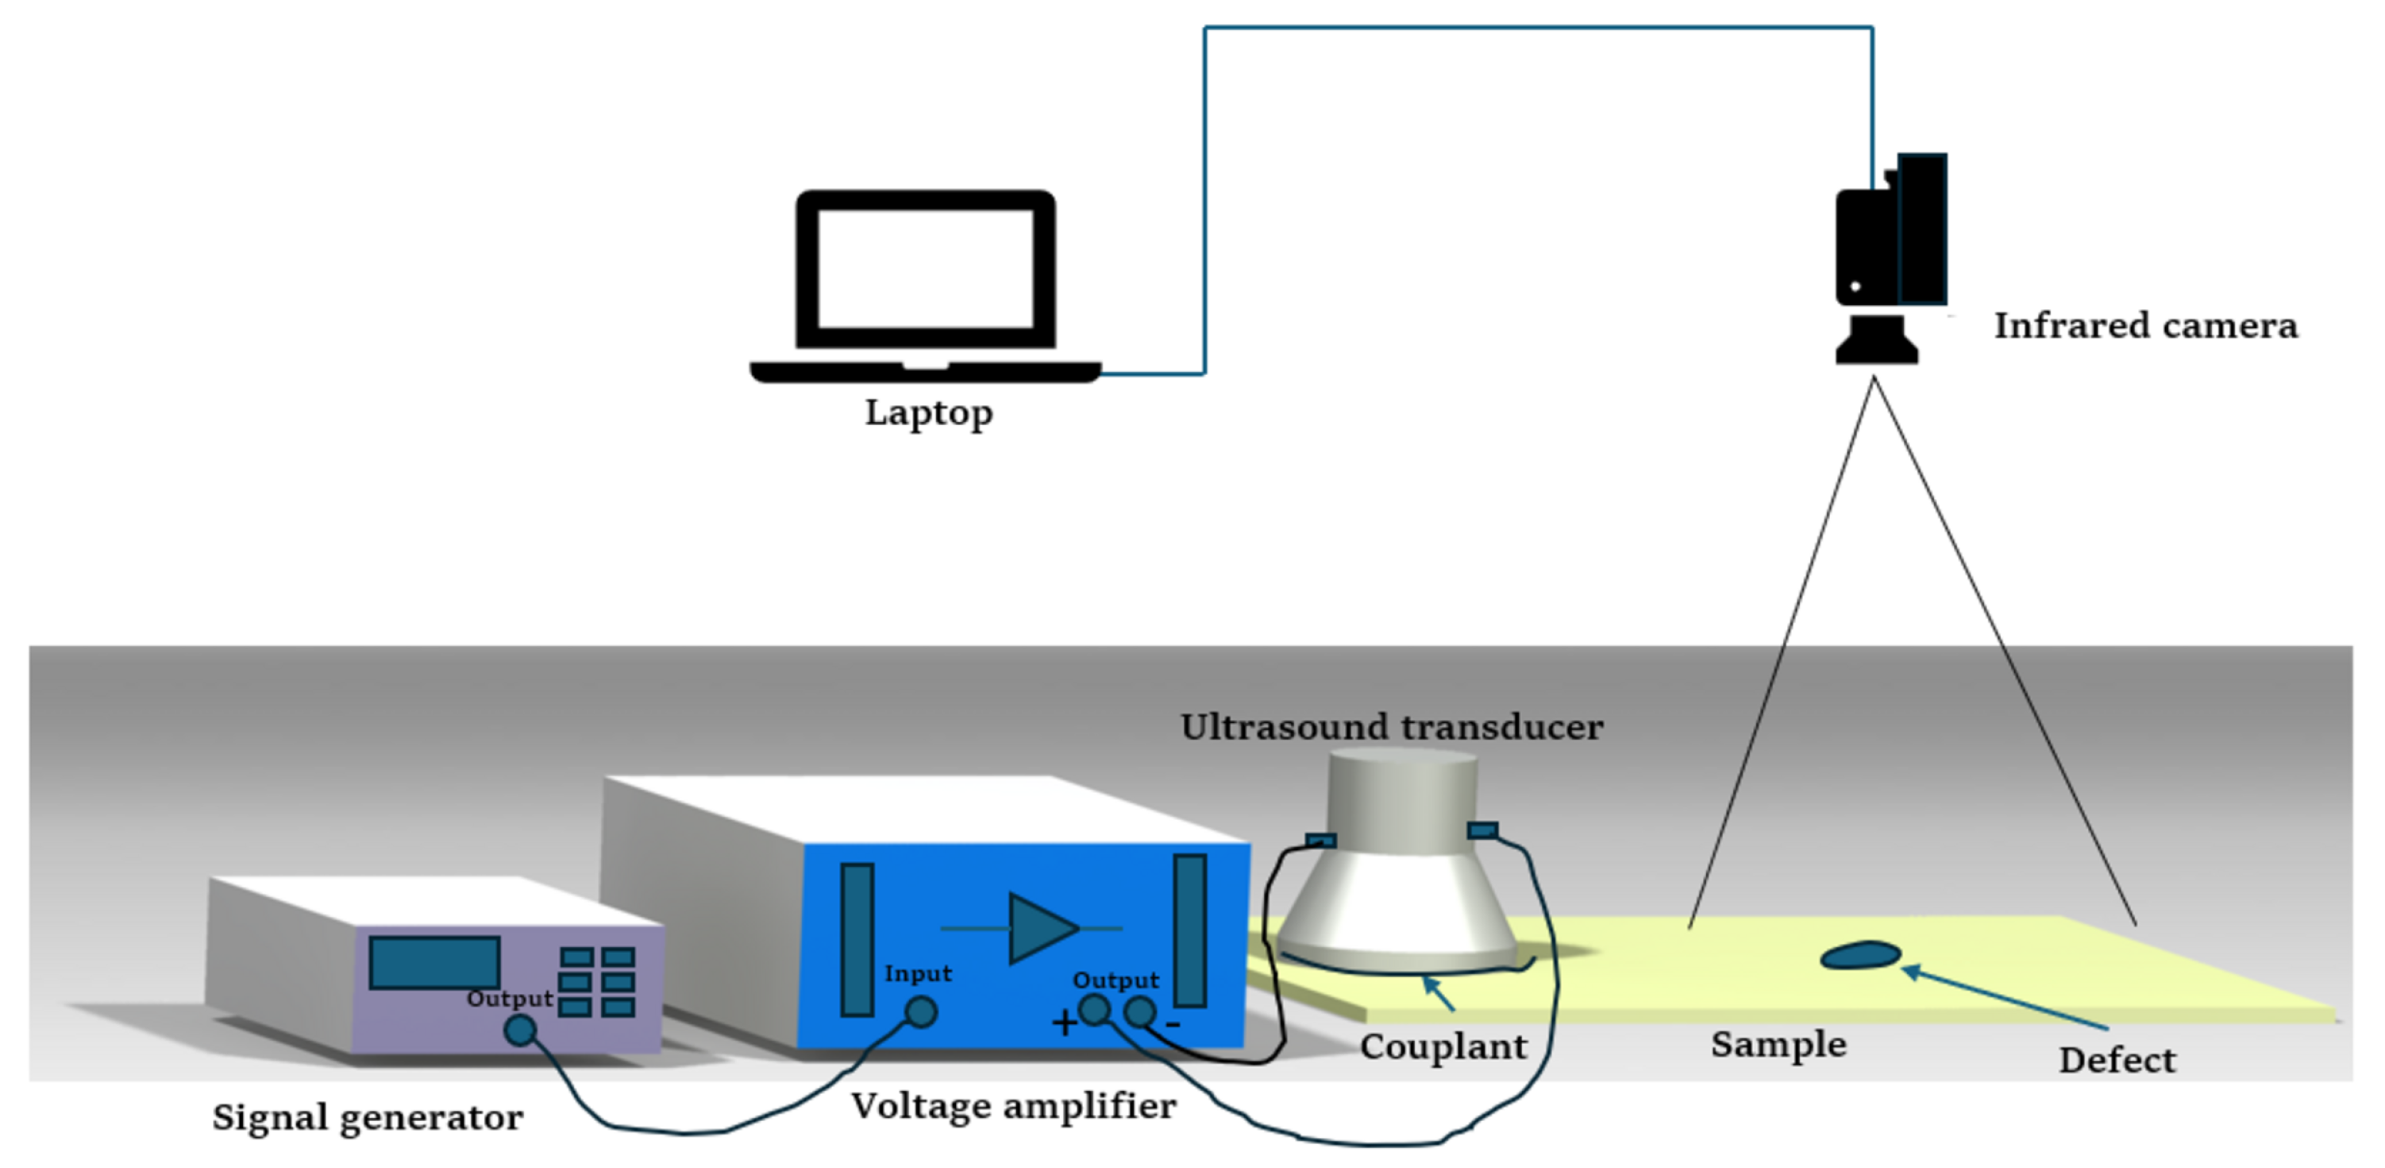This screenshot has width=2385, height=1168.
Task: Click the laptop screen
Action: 926,269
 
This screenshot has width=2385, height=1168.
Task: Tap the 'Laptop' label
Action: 929,413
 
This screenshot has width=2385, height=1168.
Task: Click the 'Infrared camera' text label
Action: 2145,326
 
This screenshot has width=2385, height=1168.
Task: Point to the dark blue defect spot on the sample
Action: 1860,955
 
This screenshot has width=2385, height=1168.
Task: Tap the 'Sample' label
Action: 1778,1044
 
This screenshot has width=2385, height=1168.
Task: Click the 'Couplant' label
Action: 1443,1046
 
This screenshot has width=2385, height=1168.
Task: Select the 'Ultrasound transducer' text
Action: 1391,727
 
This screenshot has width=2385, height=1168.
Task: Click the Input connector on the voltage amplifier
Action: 920,1011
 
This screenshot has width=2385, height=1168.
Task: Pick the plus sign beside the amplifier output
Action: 1064,1023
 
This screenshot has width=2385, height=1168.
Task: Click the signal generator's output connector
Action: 520,1030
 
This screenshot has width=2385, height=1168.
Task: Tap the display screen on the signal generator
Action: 434,962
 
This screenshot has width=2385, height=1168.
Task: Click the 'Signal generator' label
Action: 368,1117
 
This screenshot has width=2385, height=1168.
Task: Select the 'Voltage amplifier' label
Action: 1013,1105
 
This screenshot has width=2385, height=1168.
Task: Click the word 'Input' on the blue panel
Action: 918,973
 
